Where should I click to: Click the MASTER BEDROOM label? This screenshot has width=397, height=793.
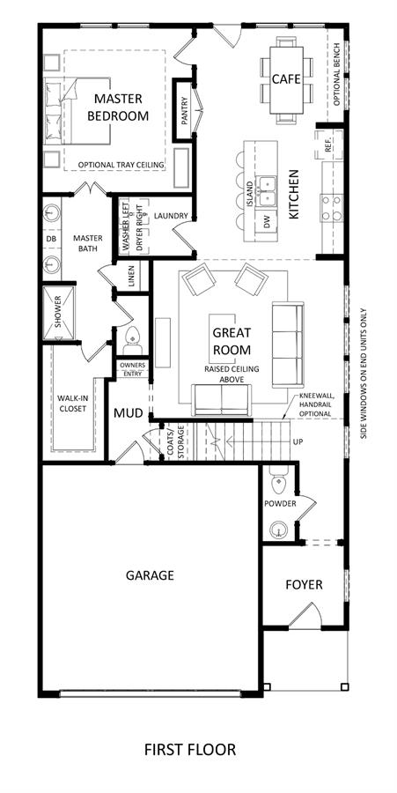[118, 107]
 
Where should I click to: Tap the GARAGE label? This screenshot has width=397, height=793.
[150, 575]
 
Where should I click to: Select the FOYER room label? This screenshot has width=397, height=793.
[304, 585]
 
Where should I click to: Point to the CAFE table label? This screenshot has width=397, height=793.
[286, 79]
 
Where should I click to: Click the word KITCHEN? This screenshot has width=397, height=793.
[293, 194]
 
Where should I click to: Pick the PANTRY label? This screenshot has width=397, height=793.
[184, 111]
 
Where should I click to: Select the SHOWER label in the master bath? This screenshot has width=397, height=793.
[57, 313]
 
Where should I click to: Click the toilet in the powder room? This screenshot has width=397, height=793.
[279, 484]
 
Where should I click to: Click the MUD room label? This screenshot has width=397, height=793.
[128, 412]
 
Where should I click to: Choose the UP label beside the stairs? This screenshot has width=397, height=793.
[298, 442]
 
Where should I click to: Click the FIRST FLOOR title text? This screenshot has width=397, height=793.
[190, 749]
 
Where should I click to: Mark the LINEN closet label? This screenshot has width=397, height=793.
[131, 276]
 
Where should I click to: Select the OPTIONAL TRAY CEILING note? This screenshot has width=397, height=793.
[121, 165]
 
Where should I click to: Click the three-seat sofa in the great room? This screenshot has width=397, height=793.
[288, 345]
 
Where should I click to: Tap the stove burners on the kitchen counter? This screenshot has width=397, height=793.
[331, 208]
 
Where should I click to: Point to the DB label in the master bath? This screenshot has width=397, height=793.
[50, 238]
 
